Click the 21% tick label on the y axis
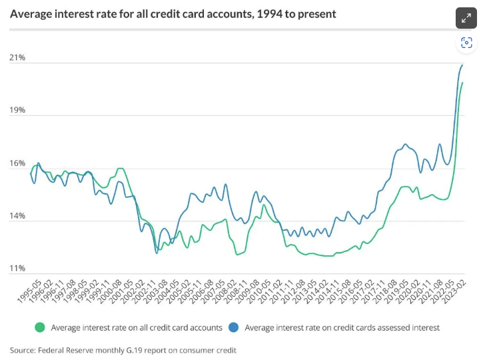tap(17, 58)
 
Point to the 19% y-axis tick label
tap(17, 110)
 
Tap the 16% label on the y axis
tap(17, 163)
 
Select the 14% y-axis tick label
tap(17, 216)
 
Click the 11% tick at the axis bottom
tap(17, 269)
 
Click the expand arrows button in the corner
tap(466, 18)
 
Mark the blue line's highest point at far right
tap(462, 65)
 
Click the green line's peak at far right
tap(462, 83)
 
